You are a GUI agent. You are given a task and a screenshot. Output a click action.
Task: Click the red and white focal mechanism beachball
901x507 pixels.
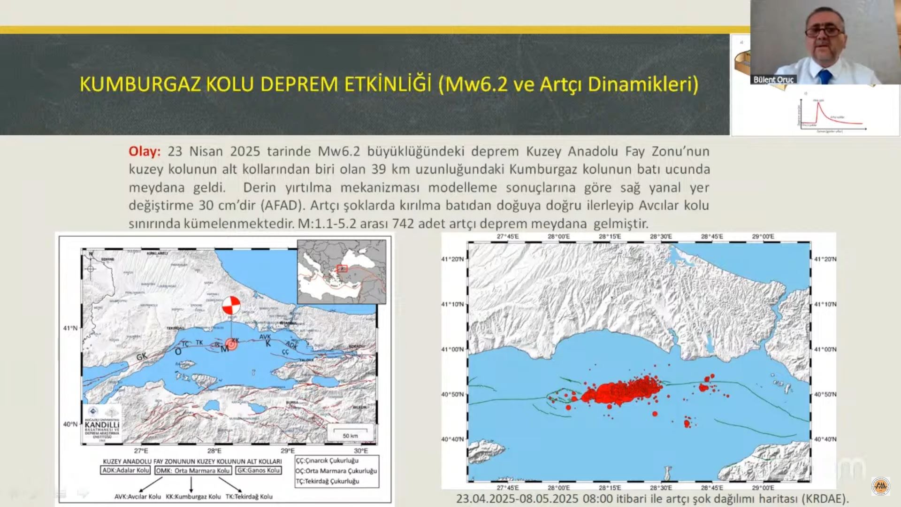click(x=231, y=306)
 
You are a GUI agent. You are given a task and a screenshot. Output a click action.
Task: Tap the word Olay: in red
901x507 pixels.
click(x=145, y=151)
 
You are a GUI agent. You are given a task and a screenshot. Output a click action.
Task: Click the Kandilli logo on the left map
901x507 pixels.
click(x=102, y=422)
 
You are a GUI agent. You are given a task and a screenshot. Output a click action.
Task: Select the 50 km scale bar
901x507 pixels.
click(x=350, y=432)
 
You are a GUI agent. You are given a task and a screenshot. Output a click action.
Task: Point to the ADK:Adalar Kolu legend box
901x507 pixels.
click(x=126, y=470)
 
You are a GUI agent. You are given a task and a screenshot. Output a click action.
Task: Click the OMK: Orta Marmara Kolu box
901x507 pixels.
click(x=193, y=470)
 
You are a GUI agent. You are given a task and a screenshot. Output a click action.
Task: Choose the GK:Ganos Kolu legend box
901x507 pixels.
click(x=258, y=470)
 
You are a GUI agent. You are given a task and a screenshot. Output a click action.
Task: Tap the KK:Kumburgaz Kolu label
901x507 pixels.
click(x=193, y=496)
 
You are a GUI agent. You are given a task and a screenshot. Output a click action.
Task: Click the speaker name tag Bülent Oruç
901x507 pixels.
click(x=773, y=79)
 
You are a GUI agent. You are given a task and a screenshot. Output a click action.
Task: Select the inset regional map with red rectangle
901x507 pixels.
click(x=342, y=272)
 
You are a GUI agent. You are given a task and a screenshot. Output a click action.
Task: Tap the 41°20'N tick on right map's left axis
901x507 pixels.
click(x=452, y=259)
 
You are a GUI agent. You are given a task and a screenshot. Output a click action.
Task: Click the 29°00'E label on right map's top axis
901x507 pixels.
click(x=763, y=237)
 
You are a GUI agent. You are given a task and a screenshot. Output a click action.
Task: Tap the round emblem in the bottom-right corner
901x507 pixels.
click(x=880, y=486)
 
